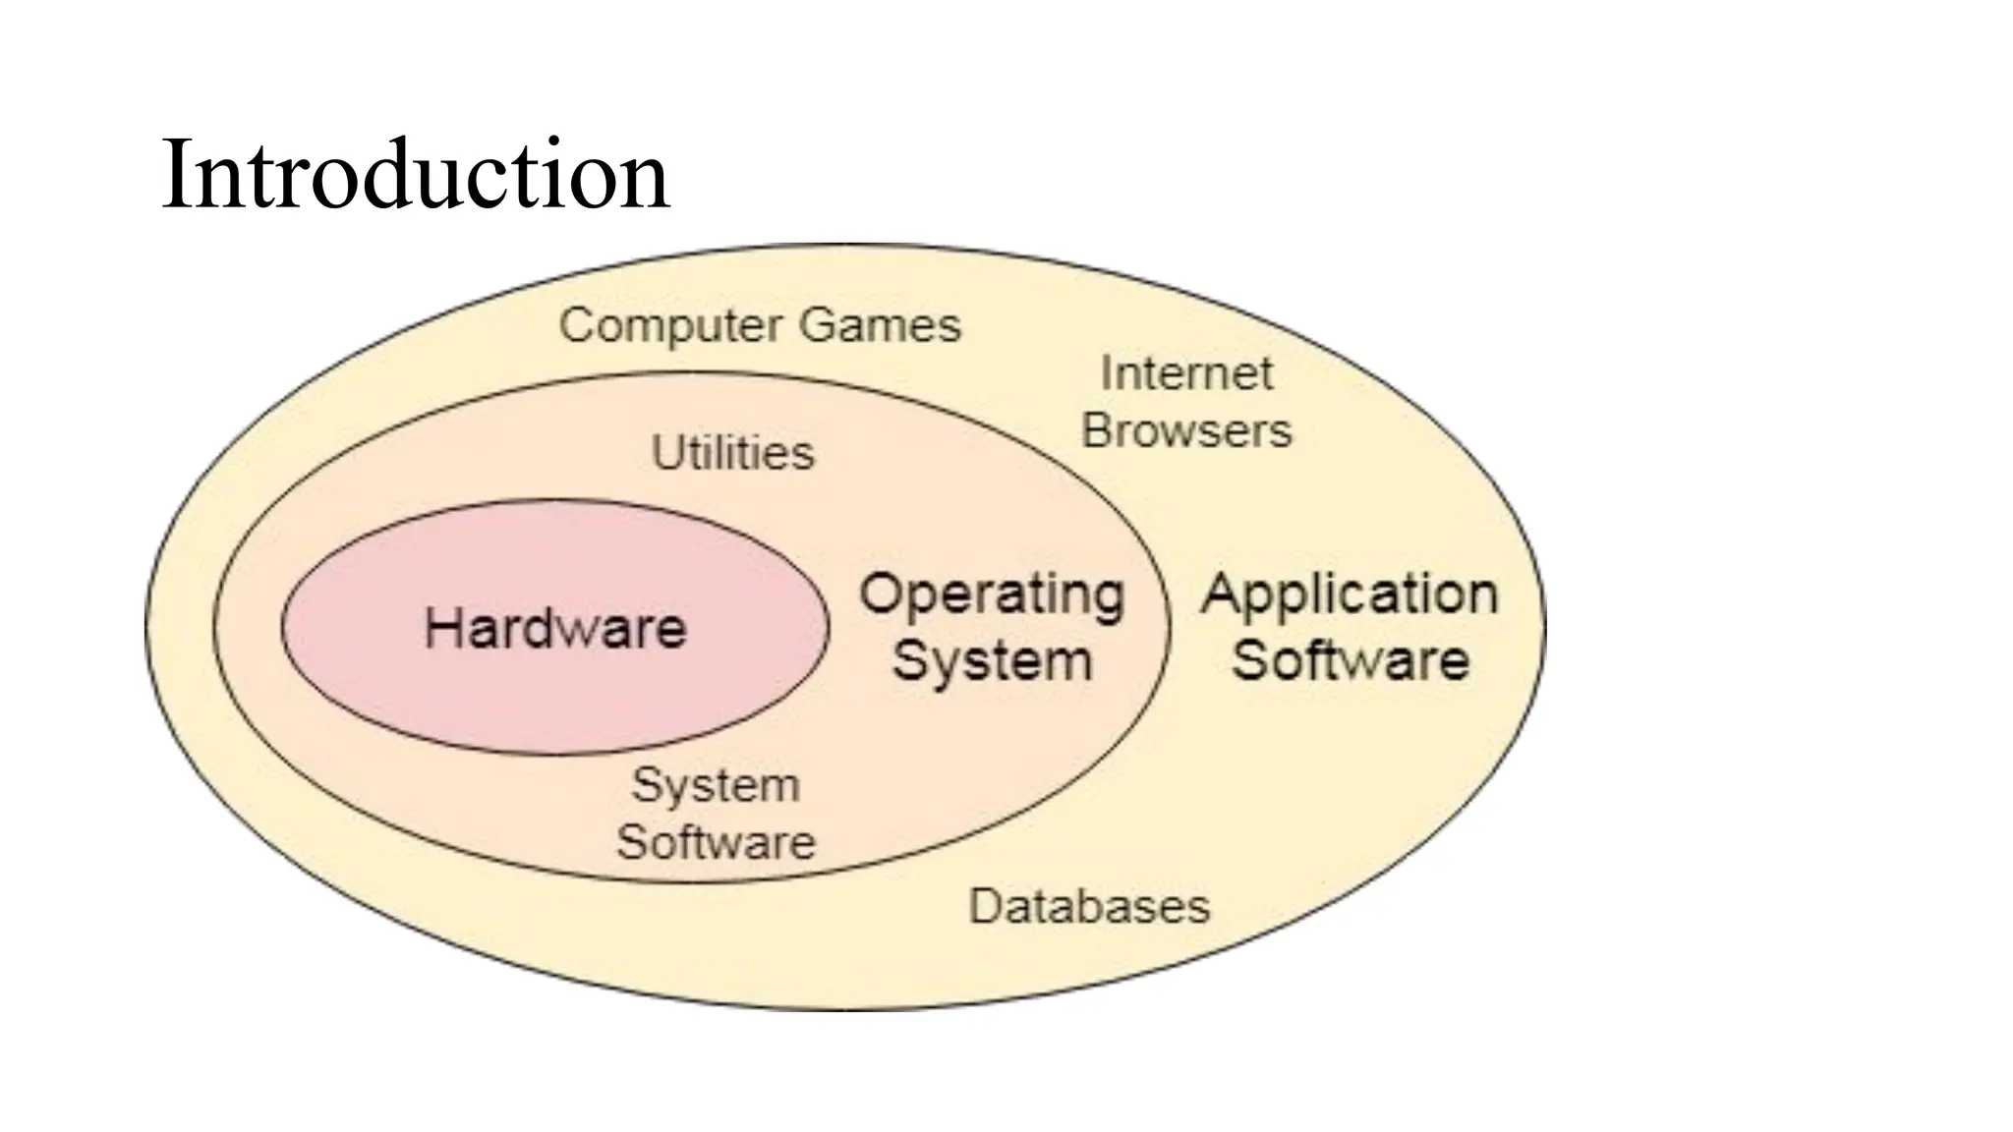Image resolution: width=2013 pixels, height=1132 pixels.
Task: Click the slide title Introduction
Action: (x=414, y=175)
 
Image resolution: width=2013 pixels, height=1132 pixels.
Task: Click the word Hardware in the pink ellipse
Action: (x=555, y=628)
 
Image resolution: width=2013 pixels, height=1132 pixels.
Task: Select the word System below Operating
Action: (x=992, y=660)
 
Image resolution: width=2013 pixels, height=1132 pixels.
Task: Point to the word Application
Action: (x=1350, y=595)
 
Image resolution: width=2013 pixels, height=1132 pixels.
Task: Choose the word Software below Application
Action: (x=1350, y=659)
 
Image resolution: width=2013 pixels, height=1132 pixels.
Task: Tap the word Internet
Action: (x=1186, y=373)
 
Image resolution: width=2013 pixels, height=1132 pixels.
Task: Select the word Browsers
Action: (x=1186, y=431)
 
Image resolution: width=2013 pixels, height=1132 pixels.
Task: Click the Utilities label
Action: (x=733, y=453)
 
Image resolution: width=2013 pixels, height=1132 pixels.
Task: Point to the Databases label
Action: (x=1089, y=906)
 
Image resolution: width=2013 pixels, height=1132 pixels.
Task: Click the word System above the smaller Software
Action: (x=716, y=786)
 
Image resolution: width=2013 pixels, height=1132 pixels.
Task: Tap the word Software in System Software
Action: (x=716, y=843)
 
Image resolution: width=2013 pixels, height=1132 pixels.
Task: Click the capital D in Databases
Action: (x=984, y=906)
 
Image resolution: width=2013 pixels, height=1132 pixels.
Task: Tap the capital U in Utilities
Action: (x=665, y=453)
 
